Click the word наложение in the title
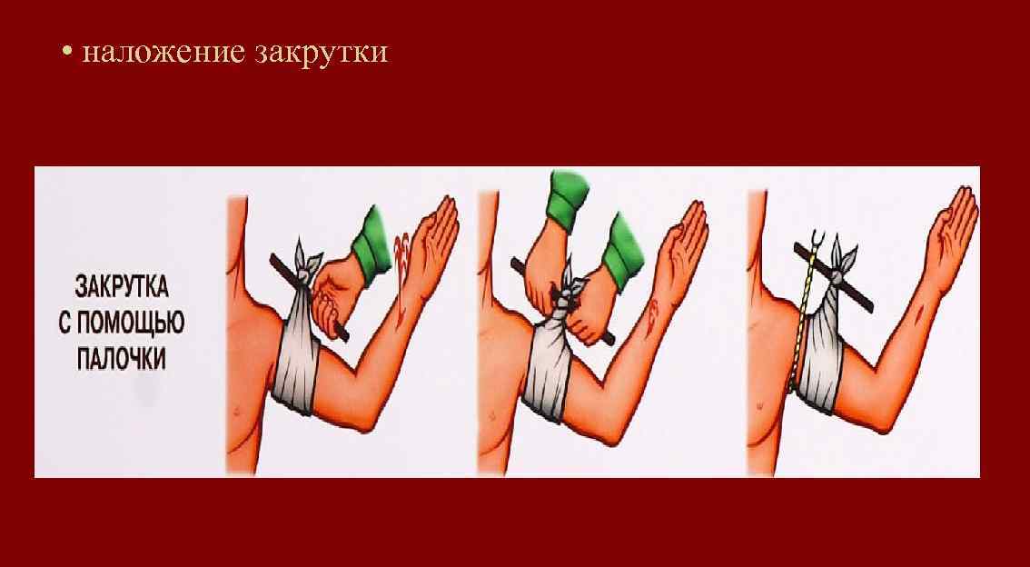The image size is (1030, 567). coord(162,53)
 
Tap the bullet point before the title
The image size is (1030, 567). coord(67,53)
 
